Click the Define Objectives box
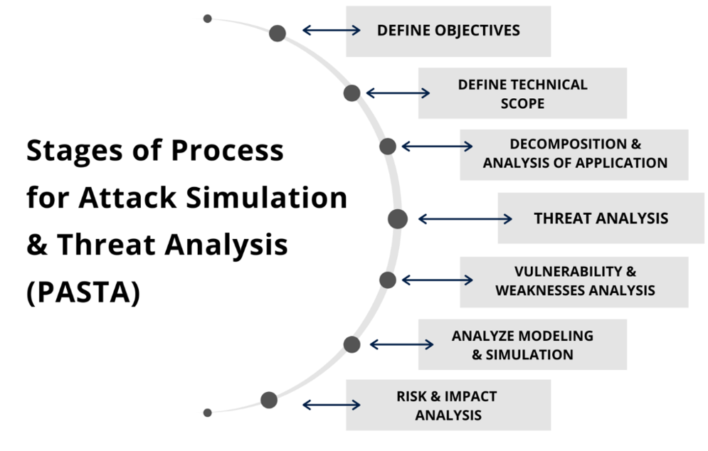click(x=448, y=31)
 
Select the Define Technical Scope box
click(x=522, y=93)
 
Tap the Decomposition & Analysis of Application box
click(x=574, y=154)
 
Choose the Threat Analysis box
click(x=601, y=218)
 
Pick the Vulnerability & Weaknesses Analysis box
click(x=574, y=282)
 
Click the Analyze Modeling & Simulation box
click(x=522, y=344)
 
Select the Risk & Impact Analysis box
click(x=448, y=405)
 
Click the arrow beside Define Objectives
click(x=332, y=31)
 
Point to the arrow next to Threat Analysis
click(x=465, y=219)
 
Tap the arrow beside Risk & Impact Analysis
click(x=332, y=405)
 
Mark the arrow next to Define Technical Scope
click(x=398, y=93)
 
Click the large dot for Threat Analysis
click(x=398, y=219)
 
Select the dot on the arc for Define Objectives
click(x=278, y=33)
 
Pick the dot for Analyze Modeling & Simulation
click(x=352, y=345)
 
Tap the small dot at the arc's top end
click(x=207, y=18)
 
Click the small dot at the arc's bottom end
click(x=207, y=413)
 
